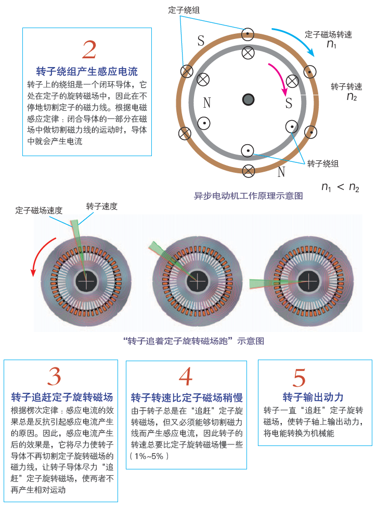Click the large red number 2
[x=89, y=49]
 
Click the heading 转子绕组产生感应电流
[x=87, y=71]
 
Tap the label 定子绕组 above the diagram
[x=184, y=10]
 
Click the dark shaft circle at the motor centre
[x=249, y=99]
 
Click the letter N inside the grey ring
[x=207, y=103]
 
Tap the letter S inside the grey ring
[x=289, y=103]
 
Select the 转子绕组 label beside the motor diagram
[x=323, y=163]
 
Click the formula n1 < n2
[x=340, y=187]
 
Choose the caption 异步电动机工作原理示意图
[x=249, y=196]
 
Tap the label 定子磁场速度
[x=38, y=210]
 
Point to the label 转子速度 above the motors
[x=102, y=206]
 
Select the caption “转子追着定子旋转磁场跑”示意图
[x=193, y=341]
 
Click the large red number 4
[x=186, y=377]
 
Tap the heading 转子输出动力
[x=313, y=397]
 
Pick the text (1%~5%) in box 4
[x=149, y=456]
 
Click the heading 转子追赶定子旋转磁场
[x=62, y=397]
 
